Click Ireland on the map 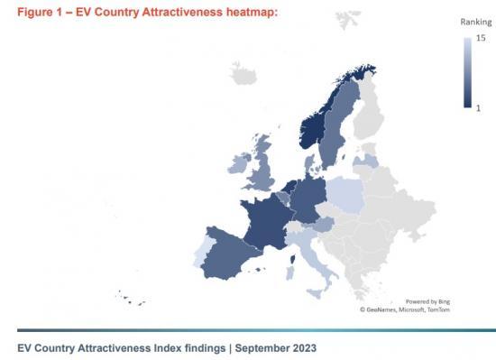click(238, 163)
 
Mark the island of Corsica click(292, 263)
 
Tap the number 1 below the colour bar click(479, 108)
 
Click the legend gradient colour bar click(468, 73)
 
